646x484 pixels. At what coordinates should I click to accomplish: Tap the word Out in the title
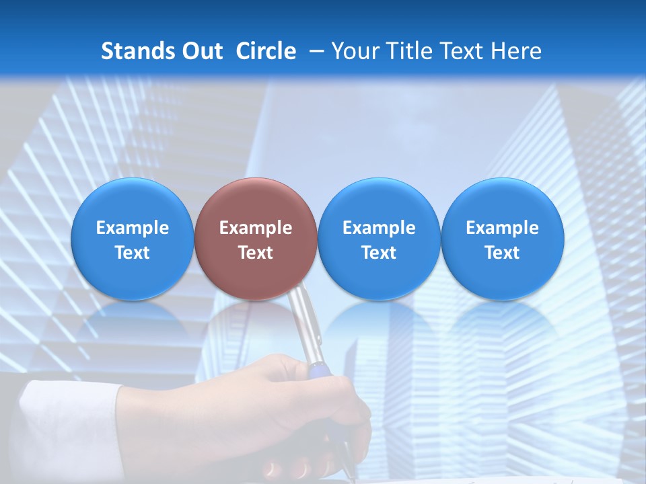tap(201, 51)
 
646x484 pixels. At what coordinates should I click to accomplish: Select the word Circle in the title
tap(266, 51)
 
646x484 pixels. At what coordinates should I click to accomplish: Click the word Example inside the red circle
tap(256, 228)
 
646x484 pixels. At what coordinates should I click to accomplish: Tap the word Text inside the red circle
tap(256, 253)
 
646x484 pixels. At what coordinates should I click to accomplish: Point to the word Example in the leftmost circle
tap(132, 228)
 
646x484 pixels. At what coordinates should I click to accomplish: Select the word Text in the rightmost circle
tap(503, 253)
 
